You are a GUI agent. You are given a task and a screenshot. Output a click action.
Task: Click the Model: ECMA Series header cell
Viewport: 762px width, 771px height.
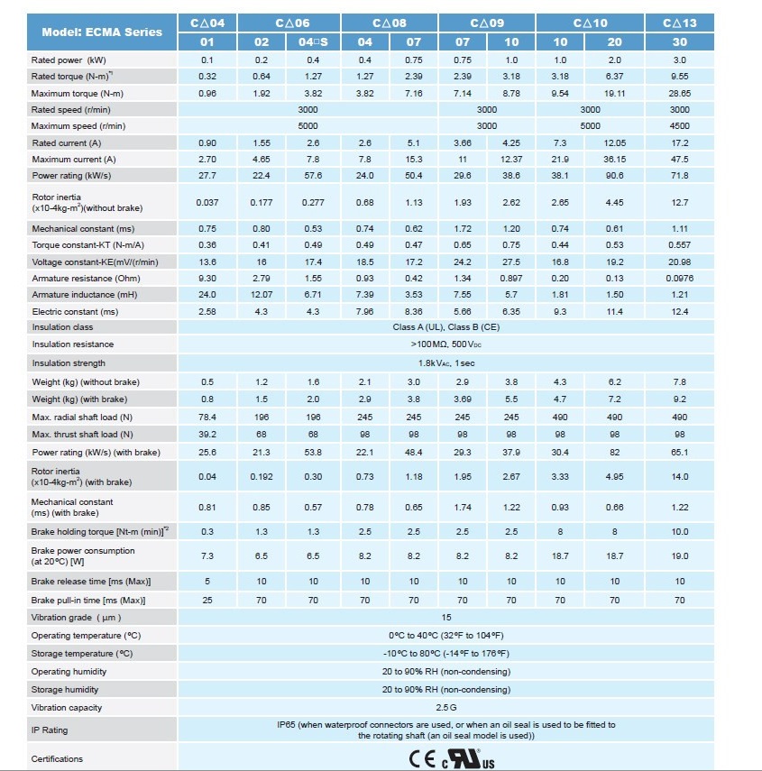[x=102, y=32]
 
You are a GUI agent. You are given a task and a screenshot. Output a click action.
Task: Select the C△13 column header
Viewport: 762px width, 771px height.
[x=679, y=23]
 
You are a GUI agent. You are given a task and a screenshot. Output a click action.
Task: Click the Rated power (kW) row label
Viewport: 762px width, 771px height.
[x=69, y=60]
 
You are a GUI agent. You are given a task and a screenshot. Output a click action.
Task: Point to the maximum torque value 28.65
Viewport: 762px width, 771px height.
[x=679, y=93]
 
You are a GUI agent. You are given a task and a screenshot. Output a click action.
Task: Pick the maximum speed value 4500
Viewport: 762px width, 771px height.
[x=679, y=126]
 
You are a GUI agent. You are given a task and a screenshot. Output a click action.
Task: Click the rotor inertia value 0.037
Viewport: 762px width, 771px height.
[x=207, y=203]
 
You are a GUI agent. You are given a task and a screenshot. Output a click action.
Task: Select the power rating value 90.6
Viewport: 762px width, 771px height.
[x=616, y=176]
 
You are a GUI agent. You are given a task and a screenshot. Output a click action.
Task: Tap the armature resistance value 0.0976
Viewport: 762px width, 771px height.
[x=679, y=278]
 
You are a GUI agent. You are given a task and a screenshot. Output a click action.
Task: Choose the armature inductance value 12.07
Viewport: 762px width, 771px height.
[x=262, y=295]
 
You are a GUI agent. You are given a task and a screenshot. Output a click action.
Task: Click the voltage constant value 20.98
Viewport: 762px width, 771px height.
[x=679, y=262]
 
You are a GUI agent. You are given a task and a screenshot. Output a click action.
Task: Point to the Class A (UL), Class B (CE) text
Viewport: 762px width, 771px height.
[x=445, y=327]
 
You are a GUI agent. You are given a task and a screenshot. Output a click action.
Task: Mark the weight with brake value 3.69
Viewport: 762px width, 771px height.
[x=463, y=399]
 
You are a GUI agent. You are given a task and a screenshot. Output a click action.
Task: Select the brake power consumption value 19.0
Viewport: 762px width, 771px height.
[x=679, y=556]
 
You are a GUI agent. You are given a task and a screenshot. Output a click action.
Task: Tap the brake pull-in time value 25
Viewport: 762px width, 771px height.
[x=207, y=600]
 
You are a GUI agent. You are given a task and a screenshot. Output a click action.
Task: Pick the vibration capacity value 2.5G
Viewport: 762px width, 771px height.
[x=445, y=708]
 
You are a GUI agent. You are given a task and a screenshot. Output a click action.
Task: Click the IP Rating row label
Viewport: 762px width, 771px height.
[x=50, y=730]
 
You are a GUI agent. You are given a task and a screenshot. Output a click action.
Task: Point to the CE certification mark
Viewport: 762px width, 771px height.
[x=423, y=759]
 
